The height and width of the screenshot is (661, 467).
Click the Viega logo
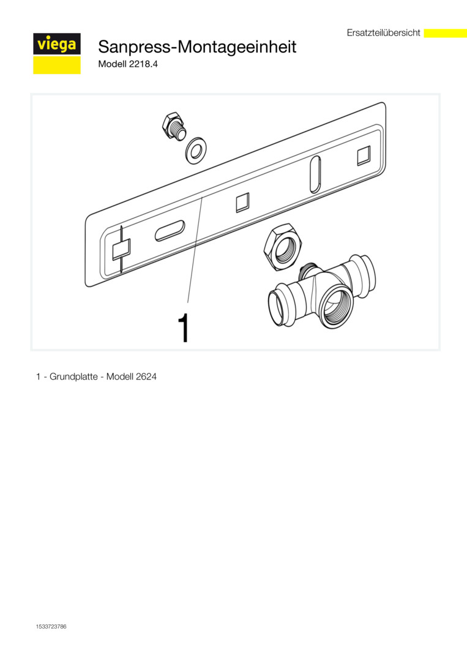coord(57,53)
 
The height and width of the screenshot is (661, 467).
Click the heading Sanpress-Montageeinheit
coord(197,47)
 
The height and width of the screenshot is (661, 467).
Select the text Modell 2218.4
coord(128,64)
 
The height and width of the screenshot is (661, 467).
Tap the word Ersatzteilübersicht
coord(384,33)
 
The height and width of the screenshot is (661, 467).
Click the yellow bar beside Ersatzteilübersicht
coord(446,33)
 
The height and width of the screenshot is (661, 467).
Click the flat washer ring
coord(196,150)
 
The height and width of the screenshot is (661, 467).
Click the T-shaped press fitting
coord(322,292)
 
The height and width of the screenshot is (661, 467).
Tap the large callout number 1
coord(184,327)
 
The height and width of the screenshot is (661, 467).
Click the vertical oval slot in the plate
coord(315,174)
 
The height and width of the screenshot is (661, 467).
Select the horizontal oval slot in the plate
coord(170,231)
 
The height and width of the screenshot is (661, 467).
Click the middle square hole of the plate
coord(242,203)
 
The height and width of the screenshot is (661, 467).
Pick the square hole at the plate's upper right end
coord(364,156)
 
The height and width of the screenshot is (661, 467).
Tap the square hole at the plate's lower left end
coord(121,250)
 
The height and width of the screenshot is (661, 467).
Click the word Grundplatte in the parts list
coord(74,376)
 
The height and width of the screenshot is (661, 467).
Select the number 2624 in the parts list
coord(146,376)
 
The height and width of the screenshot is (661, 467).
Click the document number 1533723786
coord(51,627)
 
